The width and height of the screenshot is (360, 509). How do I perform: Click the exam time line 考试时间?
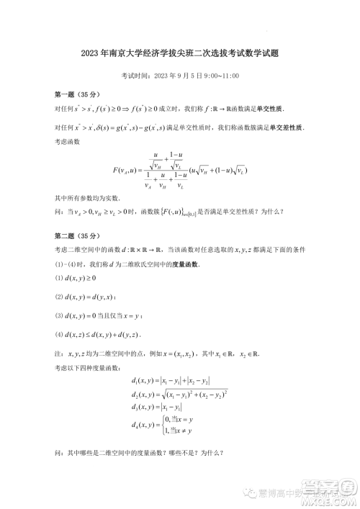point(180,76)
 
